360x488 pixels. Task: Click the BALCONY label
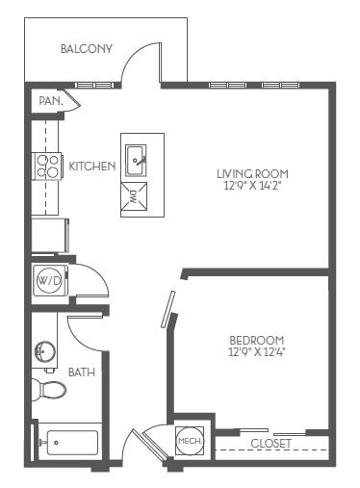click(87, 48)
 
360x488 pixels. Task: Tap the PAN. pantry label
click(50, 100)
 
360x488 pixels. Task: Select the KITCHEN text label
click(92, 167)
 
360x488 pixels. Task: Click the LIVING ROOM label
click(252, 173)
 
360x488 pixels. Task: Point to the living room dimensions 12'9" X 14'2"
click(252, 187)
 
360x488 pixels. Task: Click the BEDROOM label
click(257, 340)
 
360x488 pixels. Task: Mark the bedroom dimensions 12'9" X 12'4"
click(257, 353)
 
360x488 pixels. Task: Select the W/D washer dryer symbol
click(47, 280)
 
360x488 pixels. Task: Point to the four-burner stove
click(47, 167)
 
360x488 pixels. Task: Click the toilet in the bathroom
click(49, 391)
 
